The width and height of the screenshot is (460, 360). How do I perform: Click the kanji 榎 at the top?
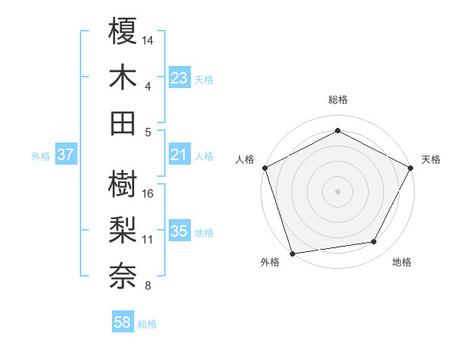(123, 31)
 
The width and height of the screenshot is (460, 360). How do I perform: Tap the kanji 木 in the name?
(123, 77)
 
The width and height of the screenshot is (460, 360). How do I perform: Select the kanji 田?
(123, 123)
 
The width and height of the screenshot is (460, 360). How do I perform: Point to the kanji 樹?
(123, 185)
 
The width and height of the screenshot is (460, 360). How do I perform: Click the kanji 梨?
(123, 231)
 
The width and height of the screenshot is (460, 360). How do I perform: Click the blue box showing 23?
(179, 78)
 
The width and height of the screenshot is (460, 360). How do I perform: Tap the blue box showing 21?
(179, 155)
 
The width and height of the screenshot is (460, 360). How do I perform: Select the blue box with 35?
(179, 231)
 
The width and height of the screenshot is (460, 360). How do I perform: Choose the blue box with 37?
(66, 155)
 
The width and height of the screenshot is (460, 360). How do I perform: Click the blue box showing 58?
(123, 323)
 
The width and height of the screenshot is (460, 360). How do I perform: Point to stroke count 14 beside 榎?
(149, 39)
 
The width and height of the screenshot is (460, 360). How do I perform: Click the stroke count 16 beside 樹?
(149, 193)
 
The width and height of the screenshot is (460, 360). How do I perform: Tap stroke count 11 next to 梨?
(148, 239)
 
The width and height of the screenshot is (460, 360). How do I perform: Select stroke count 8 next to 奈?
(148, 286)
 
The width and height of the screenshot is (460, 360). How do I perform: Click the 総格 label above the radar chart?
(337, 100)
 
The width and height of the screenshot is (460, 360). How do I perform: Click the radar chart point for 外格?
(292, 254)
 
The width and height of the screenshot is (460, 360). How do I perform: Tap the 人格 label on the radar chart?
(245, 159)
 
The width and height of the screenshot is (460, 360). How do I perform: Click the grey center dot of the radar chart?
(337, 191)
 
